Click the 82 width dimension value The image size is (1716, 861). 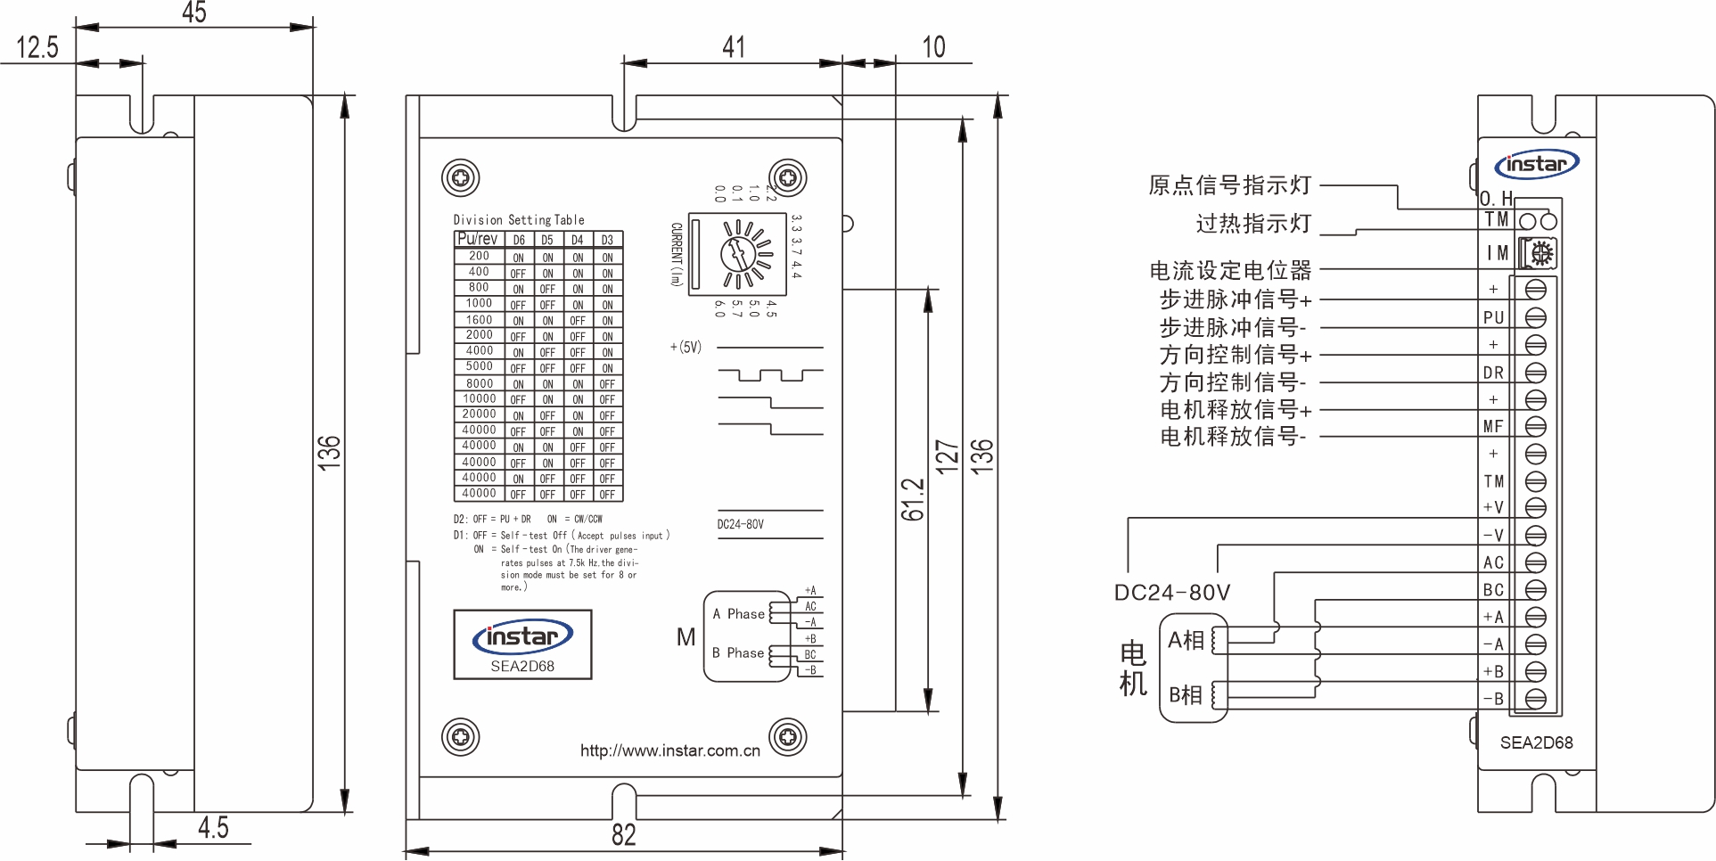pyautogui.click(x=623, y=834)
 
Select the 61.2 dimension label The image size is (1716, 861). pyautogui.click(x=912, y=499)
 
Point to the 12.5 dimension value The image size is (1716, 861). pyautogui.click(x=37, y=47)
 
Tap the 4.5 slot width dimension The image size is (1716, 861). pyautogui.click(x=213, y=828)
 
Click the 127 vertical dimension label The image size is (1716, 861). pyautogui.click(x=946, y=455)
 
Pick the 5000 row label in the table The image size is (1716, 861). pyautogui.click(x=479, y=366)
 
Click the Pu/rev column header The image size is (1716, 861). pyautogui.click(x=478, y=239)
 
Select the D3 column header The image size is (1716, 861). pyautogui.click(x=607, y=240)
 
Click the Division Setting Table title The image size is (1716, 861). pyautogui.click(x=519, y=220)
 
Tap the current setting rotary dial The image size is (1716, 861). pyautogui.click(x=744, y=255)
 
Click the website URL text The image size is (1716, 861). pyautogui.click(x=669, y=750)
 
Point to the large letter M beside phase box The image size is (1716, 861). pyautogui.click(x=686, y=637)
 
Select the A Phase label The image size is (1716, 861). pyautogui.click(x=738, y=614)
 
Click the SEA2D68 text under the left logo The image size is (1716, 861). pyautogui.click(x=522, y=666)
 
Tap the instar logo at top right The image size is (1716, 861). pyautogui.click(x=1536, y=164)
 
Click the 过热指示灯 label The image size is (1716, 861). pyautogui.click(x=1252, y=224)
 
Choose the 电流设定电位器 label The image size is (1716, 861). pyautogui.click(x=1230, y=270)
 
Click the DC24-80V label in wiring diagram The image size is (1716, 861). pyautogui.click(x=1171, y=593)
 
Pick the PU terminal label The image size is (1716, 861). pyautogui.click(x=1493, y=317)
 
